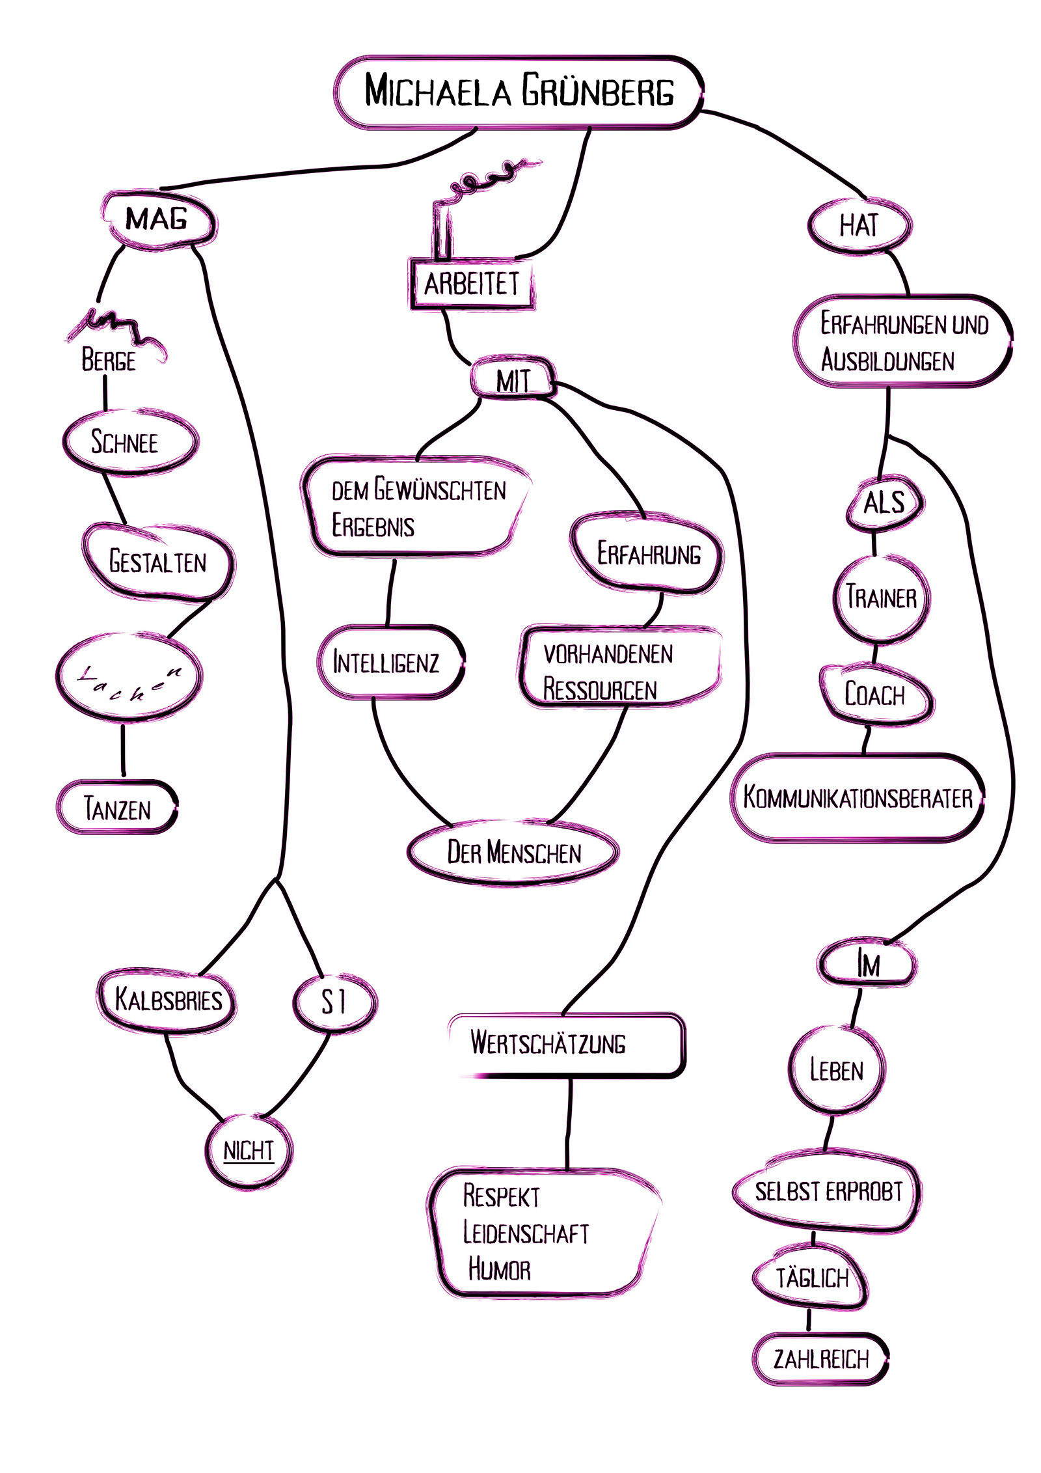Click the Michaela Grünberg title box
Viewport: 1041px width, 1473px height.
[519, 91]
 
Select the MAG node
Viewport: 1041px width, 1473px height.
[158, 219]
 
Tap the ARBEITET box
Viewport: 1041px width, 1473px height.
[471, 284]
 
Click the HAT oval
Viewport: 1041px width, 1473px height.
[859, 225]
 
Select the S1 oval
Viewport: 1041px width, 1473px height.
[334, 1002]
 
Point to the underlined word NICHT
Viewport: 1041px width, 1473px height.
[249, 1151]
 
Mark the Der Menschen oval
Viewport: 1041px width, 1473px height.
[513, 853]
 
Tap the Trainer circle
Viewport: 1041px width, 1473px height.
[881, 598]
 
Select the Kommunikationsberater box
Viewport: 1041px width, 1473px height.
[858, 798]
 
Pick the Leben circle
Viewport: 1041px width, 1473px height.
[837, 1070]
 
